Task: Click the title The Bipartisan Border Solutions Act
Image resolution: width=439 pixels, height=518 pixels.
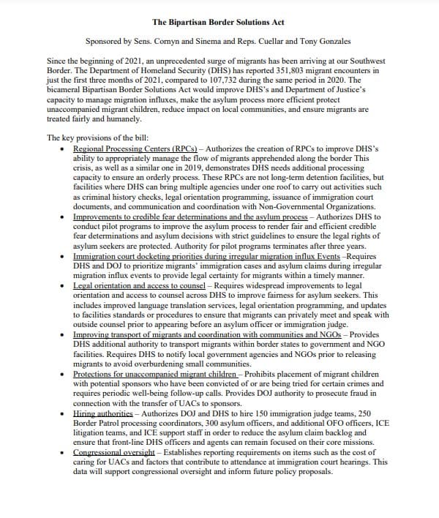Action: coord(219,12)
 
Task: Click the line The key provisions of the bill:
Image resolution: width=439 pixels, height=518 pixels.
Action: coord(97,138)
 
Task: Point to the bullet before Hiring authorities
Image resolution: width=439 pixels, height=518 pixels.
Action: coord(64,412)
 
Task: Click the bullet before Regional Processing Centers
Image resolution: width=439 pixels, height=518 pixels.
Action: coord(64,149)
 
